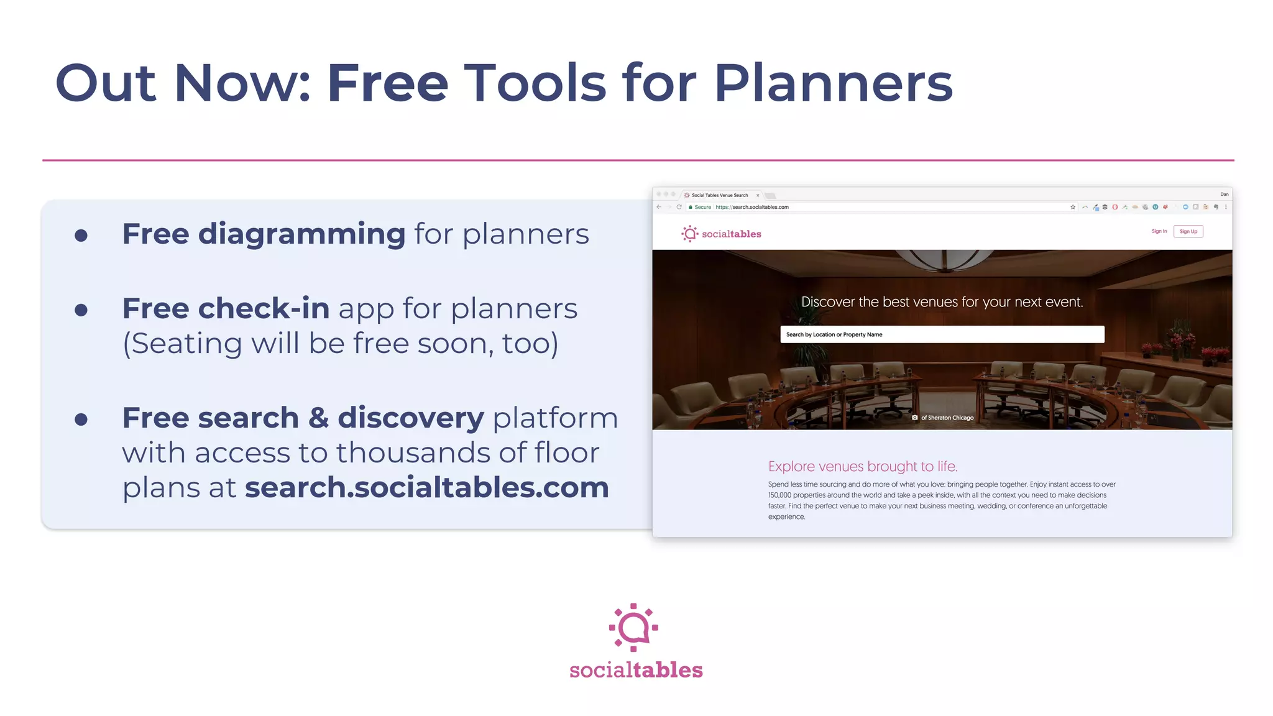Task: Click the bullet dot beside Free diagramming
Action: point(81,236)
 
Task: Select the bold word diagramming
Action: point(301,234)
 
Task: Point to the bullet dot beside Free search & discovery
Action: point(81,420)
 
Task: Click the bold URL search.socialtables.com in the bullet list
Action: point(427,487)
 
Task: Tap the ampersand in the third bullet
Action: point(318,418)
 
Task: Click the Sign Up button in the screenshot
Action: point(1188,232)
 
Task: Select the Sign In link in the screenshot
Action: point(1159,231)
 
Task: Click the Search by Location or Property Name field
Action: point(942,334)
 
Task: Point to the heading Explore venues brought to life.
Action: point(862,466)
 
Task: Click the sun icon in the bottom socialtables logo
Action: point(633,627)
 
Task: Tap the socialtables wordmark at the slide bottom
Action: point(636,670)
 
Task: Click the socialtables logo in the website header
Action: point(721,234)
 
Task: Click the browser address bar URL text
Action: point(751,207)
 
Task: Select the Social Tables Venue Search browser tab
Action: point(720,195)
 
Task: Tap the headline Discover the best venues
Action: point(942,302)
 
